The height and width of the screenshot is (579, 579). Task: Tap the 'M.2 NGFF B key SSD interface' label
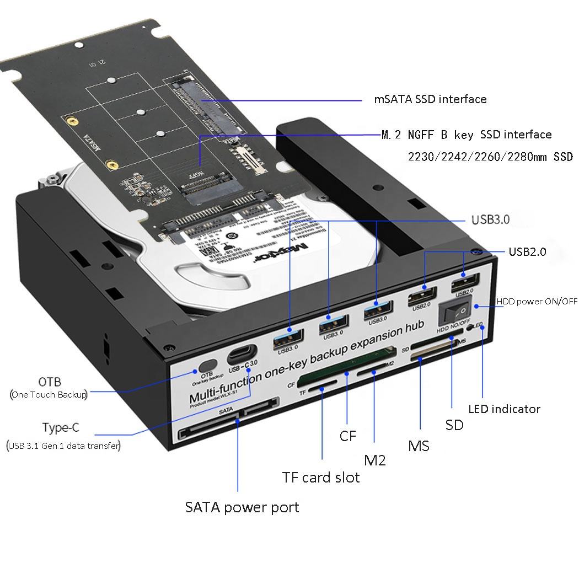[466, 135]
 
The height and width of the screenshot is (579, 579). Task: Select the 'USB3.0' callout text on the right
[490, 220]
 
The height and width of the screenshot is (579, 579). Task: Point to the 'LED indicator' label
[504, 409]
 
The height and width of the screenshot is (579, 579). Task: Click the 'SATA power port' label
[242, 507]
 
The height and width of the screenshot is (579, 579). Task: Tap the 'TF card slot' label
[320, 478]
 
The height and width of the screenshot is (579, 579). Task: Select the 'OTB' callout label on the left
[50, 382]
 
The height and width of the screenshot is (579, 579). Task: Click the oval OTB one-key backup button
[207, 366]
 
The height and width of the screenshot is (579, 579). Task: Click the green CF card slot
[346, 367]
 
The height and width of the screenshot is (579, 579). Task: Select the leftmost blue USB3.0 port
[288, 336]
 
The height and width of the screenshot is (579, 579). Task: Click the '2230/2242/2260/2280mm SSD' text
[490, 157]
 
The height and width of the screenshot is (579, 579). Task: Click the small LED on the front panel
[470, 328]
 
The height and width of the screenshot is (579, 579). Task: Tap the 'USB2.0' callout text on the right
[527, 252]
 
